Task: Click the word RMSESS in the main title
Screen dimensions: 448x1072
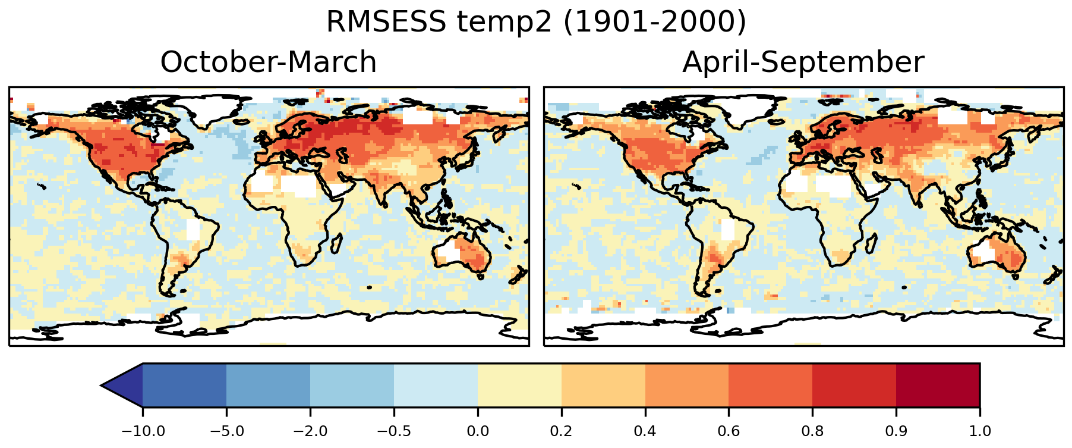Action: click(x=386, y=23)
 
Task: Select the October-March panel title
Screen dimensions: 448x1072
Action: click(x=269, y=62)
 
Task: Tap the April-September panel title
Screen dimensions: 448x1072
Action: click(x=803, y=62)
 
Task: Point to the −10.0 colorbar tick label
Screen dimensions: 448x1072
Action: click(x=143, y=431)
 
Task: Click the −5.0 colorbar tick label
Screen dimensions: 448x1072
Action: click(x=226, y=431)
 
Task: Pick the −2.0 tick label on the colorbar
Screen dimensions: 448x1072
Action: click(x=310, y=431)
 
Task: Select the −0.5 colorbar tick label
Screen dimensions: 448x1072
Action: click(x=394, y=431)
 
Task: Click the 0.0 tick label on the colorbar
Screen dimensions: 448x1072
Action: click(x=478, y=431)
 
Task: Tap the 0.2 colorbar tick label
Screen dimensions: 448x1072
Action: click(x=562, y=431)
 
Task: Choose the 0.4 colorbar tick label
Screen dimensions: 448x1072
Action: click(x=645, y=431)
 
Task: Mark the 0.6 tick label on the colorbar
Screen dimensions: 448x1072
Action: click(x=729, y=431)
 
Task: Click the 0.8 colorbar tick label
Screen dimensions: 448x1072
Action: click(x=813, y=431)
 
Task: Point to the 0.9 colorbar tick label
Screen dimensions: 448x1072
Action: click(x=896, y=431)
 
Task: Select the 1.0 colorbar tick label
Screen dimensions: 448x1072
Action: click(x=980, y=431)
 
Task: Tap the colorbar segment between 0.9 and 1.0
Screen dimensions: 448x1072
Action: click(x=938, y=386)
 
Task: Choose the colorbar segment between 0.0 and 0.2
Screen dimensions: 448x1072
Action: click(x=519, y=386)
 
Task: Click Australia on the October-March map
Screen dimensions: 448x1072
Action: click(x=464, y=253)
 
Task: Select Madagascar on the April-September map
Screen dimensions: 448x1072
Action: click(x=871, y=243)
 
